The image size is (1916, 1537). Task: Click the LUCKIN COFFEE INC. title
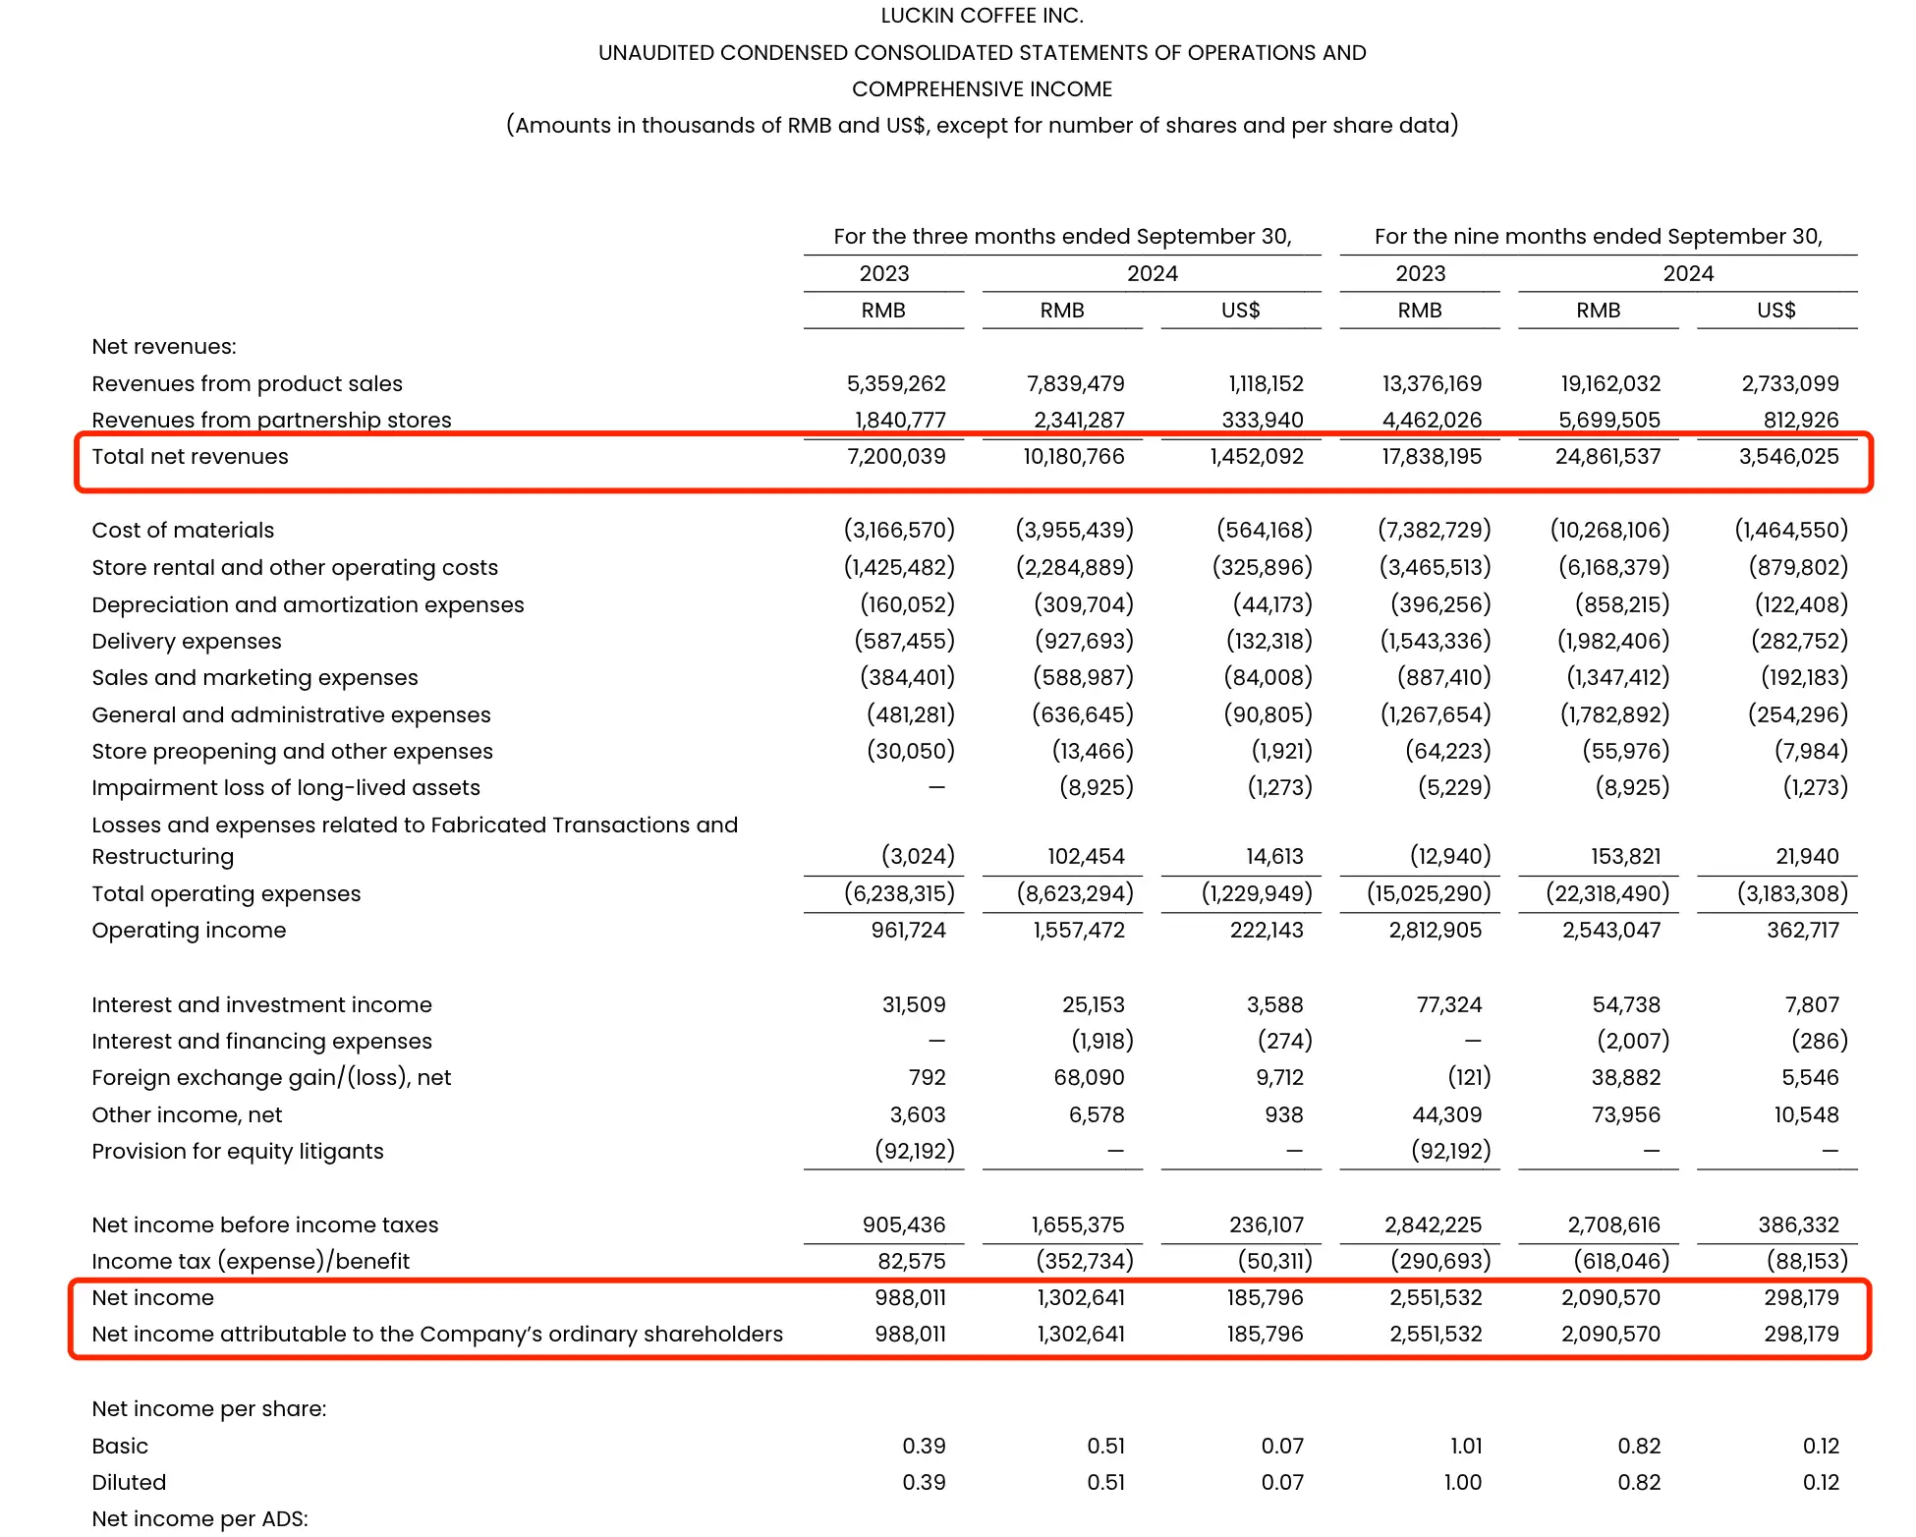(982, 16)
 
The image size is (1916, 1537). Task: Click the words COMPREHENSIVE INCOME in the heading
(982, 89)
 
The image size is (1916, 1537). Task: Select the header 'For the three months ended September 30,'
(1062, 237)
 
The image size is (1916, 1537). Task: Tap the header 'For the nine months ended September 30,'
(1598, 237)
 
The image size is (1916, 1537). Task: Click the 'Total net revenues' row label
(190, 457)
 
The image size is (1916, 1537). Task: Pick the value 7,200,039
(896, 457)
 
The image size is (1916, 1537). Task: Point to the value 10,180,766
(1074, 457)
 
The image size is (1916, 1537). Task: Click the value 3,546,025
(1788, 457)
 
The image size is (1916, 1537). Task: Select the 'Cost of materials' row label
(183, 531)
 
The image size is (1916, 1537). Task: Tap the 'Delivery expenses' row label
(187, 642)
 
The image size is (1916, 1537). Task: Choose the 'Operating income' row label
(189, 931)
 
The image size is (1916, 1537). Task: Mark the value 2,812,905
(1435, 931)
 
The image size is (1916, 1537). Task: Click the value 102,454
(1086, 857)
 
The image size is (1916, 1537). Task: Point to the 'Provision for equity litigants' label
(238, 1152)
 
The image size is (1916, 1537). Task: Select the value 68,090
(1089, 1078)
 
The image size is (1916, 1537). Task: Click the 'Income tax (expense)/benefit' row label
(251, 1262)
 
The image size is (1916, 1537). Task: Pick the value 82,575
(912, 1262)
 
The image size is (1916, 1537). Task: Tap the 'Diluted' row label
(129, 1483)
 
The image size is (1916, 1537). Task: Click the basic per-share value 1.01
(1466, 1447)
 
